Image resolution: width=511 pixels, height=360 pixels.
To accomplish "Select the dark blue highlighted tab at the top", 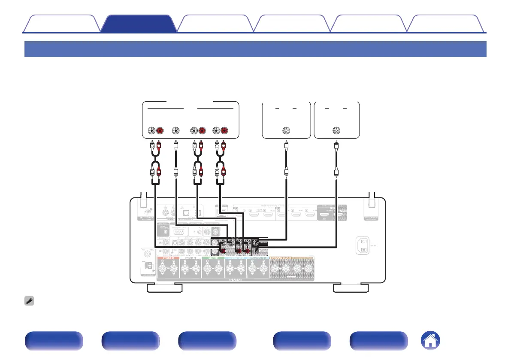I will tap(138, 24).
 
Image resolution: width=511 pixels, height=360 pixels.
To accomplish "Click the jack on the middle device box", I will tap(286, 131).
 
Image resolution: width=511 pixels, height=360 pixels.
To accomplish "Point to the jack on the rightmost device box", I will tap(336, 131).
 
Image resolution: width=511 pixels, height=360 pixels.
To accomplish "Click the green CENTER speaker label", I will tap(212, 259).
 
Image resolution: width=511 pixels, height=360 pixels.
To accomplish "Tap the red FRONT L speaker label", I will tap(168, 259).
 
